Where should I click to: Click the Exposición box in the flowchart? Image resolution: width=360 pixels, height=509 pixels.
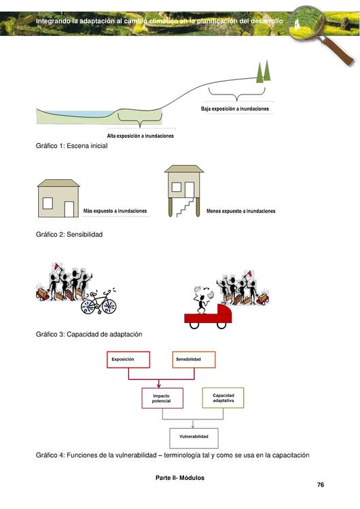(128, 359)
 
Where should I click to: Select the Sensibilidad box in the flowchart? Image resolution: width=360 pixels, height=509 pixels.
(194, 359)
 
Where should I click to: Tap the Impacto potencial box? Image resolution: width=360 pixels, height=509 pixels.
(162, 398)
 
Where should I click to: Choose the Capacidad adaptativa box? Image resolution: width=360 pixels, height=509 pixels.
(223, 398)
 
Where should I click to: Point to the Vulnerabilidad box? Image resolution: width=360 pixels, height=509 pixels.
(194, 438)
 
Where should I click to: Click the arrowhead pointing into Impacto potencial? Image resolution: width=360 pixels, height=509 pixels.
(159, 385)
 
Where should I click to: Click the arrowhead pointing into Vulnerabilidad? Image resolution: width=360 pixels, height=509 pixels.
(193, 426)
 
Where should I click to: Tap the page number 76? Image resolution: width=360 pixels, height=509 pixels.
(321, 485)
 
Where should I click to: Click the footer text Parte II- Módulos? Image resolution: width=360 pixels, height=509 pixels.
(180, 478)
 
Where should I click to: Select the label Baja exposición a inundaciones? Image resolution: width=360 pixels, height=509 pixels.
(235, 109)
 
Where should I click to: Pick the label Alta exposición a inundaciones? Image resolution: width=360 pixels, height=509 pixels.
(141, 136)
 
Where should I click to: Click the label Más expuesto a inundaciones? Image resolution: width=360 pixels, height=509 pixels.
(115, 211)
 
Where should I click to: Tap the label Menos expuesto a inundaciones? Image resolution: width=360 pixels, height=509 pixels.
(240, 211)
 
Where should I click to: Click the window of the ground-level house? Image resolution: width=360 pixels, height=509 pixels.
(48, 203)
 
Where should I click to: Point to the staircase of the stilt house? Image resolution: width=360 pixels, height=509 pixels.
(185, 207)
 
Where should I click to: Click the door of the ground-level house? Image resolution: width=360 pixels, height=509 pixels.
(69, 210)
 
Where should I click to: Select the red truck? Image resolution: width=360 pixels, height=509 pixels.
(209, 316)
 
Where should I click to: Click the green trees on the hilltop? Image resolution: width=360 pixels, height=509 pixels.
(263, 71)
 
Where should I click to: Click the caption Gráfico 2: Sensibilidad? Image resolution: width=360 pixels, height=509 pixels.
(69, 234)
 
